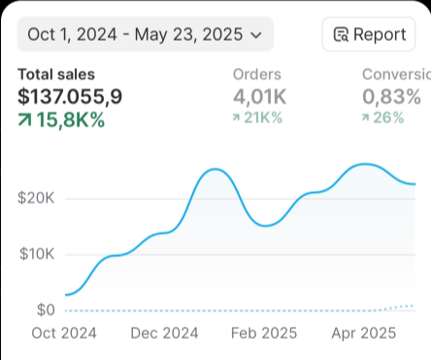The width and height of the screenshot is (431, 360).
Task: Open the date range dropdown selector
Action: (x=145, y=35)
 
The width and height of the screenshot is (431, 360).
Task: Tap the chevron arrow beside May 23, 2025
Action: (x=256, y=36)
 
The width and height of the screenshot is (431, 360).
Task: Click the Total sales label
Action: (x=56, y=74)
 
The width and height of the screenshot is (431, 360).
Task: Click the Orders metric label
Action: (x=257, y=74)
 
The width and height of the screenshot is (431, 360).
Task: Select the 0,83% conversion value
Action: (x=391, y=96)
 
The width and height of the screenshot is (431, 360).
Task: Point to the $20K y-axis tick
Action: (x=36, y=198)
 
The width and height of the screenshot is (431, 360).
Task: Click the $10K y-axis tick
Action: (x=36, y=254)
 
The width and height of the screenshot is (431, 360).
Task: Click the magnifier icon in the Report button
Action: (x=341, y=36)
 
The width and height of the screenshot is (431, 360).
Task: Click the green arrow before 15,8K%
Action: (x=25, y=119)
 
